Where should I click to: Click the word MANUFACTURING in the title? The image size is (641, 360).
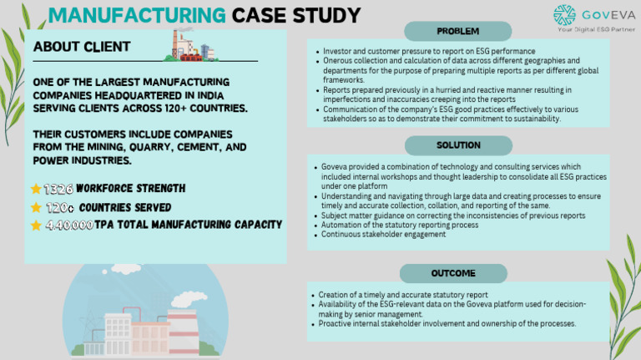tap(137, 16)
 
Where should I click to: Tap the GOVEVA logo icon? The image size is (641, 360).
tap(565, 15)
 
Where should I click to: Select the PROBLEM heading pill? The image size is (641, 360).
tap(457, 32)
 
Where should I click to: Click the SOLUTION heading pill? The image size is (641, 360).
tap(457, 145)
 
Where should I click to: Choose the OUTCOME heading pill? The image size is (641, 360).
tap(453, 273)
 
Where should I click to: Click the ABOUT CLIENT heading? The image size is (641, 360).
tap(83, 48)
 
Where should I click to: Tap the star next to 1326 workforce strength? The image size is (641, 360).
tap(36, 189)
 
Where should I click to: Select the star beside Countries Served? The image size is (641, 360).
tap(36, 207)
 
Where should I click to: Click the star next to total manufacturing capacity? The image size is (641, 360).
tap(36, 225)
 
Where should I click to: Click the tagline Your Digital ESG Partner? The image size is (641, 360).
tap(594, 28)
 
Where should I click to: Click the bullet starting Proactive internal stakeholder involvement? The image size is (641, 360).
tap(447, 323)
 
